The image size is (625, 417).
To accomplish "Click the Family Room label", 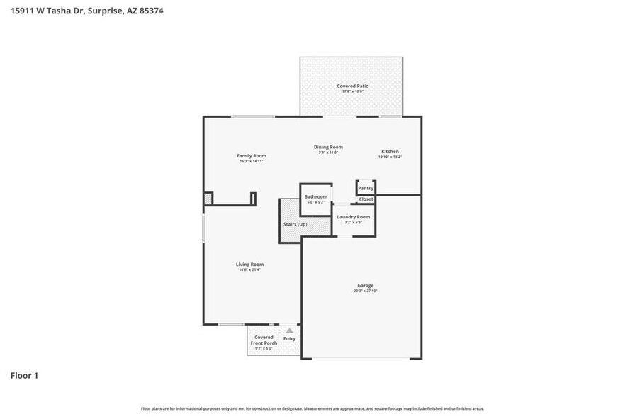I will (x=251, y=156).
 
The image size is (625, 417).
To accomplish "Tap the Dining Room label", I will (x=328, y=147).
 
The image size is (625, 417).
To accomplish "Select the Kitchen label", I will (x=390, y=152).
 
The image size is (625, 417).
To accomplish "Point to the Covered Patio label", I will (x=352, y=86).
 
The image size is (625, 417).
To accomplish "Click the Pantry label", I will (x=366, y=189).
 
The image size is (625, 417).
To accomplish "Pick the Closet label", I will (x=366, y=199).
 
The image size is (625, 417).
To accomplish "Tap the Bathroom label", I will (x=315, y=196).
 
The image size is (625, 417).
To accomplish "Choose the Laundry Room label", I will (x=353, y=217).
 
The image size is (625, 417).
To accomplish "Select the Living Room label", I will (x=249, y=265).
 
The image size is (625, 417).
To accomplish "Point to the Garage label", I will (x=365, y=286).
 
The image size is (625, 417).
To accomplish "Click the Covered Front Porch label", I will (x=264, y=340).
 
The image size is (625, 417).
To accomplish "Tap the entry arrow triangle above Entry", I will (x=289, y=330).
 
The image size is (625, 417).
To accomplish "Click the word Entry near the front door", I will (x=289, y=338).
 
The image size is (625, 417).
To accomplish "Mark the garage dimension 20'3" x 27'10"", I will (x=365, y=291).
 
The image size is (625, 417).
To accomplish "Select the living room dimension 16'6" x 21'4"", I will (x=249, y=270).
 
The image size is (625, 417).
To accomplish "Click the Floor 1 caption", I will (x=24, y=375).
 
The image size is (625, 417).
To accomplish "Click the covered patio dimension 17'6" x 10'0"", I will (x=352, y=91).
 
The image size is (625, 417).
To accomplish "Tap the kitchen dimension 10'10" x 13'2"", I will (x=390, y=157).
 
